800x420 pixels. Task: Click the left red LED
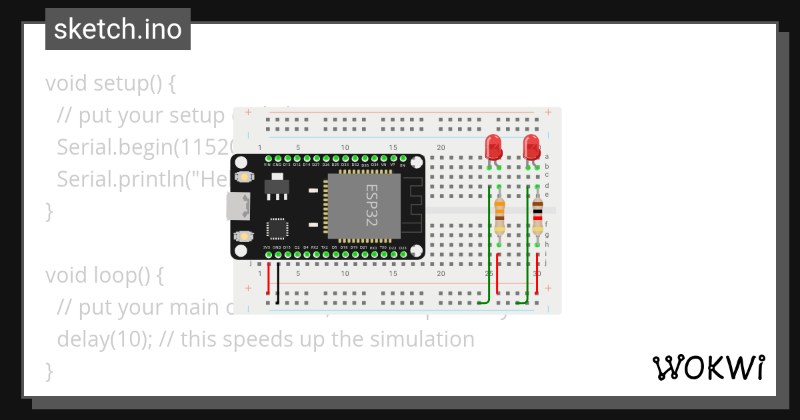pyautogui.click(x=493, y=145)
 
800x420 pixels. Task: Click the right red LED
pyautogui.click(x=531, y=145)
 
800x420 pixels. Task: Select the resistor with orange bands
pyautogui.click(x=499, y=215)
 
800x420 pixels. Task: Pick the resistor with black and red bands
pyautogui.click(x=537, y=215)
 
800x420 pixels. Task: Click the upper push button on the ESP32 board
pyautogui.click(x=245, y=177)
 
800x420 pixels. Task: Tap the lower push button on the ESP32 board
pyautogui.click(x=245, y=236)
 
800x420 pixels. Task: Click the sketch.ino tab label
pyautogui.click(x=118, y=29)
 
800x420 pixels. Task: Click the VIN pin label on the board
pyautogui.click(x=267, y=165)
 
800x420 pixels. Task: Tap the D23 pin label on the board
pyautogui.click(x=403, y=248)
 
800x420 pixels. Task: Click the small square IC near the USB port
pyautogui.click(x=277, y=229)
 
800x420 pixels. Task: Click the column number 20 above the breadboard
pyautogui.click(x=441, y=148)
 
